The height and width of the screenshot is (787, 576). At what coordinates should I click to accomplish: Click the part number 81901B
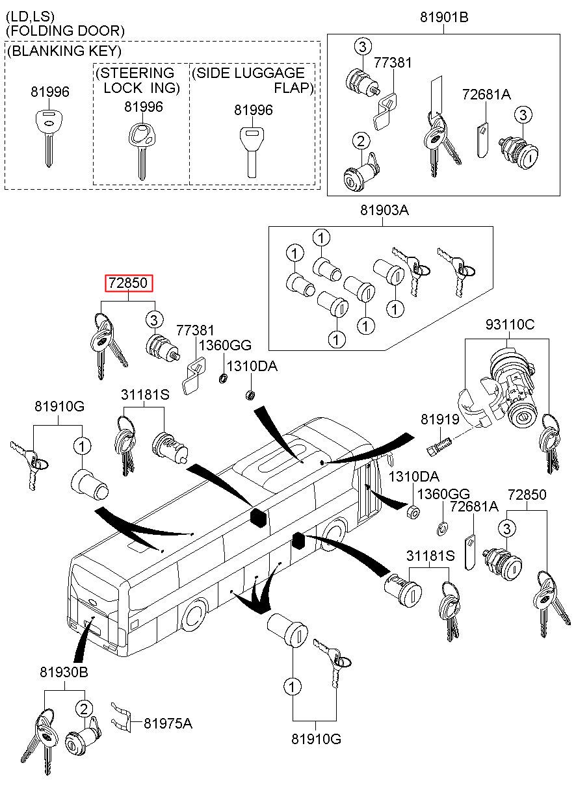[444, 17]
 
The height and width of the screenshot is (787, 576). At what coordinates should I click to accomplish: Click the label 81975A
[168, 723]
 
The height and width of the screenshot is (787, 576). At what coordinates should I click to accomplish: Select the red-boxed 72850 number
[130, 283]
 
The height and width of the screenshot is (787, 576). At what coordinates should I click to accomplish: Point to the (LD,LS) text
[31, 16]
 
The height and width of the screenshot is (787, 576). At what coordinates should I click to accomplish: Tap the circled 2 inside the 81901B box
[361, 140]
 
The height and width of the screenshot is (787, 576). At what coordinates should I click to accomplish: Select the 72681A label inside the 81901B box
[486, 95]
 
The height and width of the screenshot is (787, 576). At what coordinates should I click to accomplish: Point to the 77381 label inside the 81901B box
[393, 63]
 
